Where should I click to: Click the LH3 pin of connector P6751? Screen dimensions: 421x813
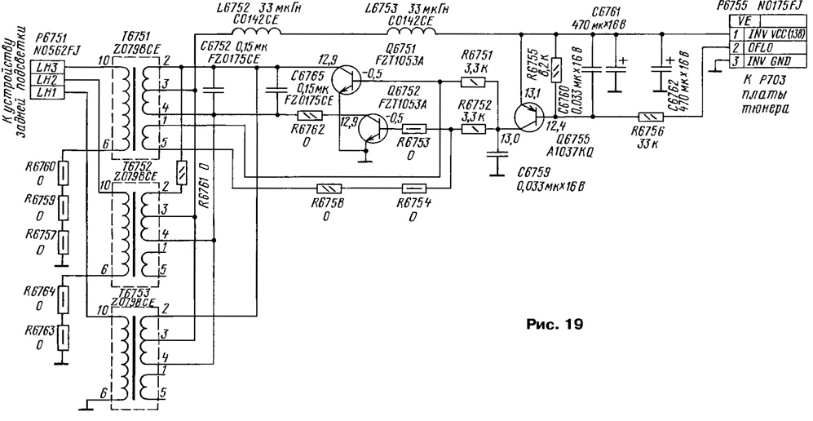pos(46,66)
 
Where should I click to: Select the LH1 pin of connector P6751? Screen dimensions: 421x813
pos(46,94)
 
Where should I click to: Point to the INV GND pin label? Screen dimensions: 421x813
pos(767,62)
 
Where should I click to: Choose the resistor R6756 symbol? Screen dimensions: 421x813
pos(649,118)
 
